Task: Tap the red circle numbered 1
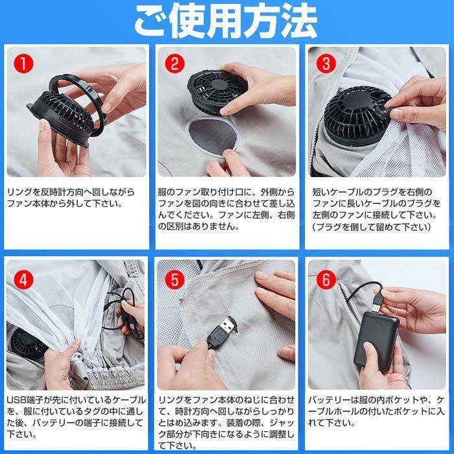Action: coord(24,64)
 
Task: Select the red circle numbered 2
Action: coord(175,64)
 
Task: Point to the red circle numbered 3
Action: coord(326,64)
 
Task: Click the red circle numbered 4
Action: coord(24,280)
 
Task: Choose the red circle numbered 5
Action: coord(175,280)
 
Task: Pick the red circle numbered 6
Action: coord(326,280)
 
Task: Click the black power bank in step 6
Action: coord(376,341)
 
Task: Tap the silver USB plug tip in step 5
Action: coord(227,325)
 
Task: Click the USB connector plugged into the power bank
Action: coord(376,302)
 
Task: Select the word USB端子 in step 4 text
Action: coord(25,400)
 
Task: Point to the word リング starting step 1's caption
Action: coord(19,192)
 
